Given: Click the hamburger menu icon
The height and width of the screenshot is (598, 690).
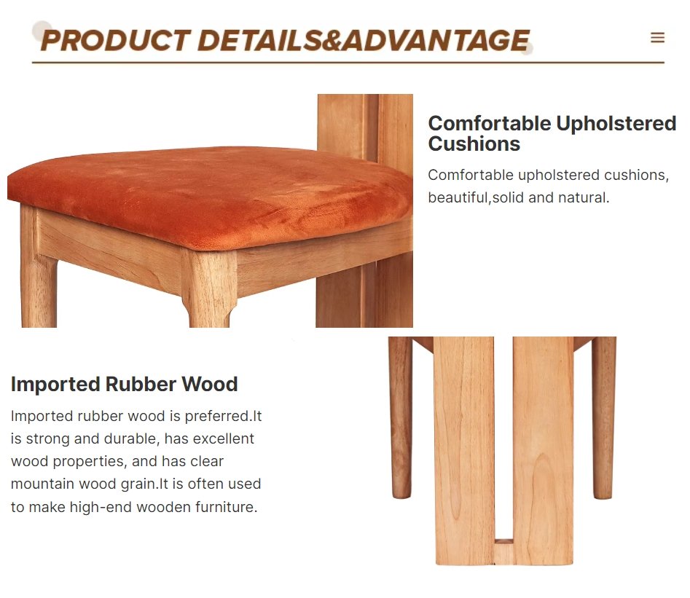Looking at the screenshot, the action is point(657,37).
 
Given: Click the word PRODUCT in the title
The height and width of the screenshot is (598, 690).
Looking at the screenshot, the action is point(116,41).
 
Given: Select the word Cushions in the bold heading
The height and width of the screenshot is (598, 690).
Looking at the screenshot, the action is point(474,144).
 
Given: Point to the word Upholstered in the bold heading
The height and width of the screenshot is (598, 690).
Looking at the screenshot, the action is point(616,124).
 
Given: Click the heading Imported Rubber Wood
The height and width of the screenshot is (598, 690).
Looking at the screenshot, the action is point(124,384).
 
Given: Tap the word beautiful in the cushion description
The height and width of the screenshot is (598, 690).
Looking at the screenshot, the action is point(458,197).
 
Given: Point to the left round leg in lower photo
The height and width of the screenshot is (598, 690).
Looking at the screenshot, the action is point(401,417).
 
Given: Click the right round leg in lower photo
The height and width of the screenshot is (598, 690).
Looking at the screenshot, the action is point(604,417).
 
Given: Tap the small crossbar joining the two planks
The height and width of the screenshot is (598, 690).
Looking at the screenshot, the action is point(503,551).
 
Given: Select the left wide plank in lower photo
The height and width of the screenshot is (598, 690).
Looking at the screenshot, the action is point(464,451).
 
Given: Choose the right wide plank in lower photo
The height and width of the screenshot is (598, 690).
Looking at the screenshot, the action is point(543,451).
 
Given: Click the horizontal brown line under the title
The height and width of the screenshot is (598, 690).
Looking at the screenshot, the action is point(348,63).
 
